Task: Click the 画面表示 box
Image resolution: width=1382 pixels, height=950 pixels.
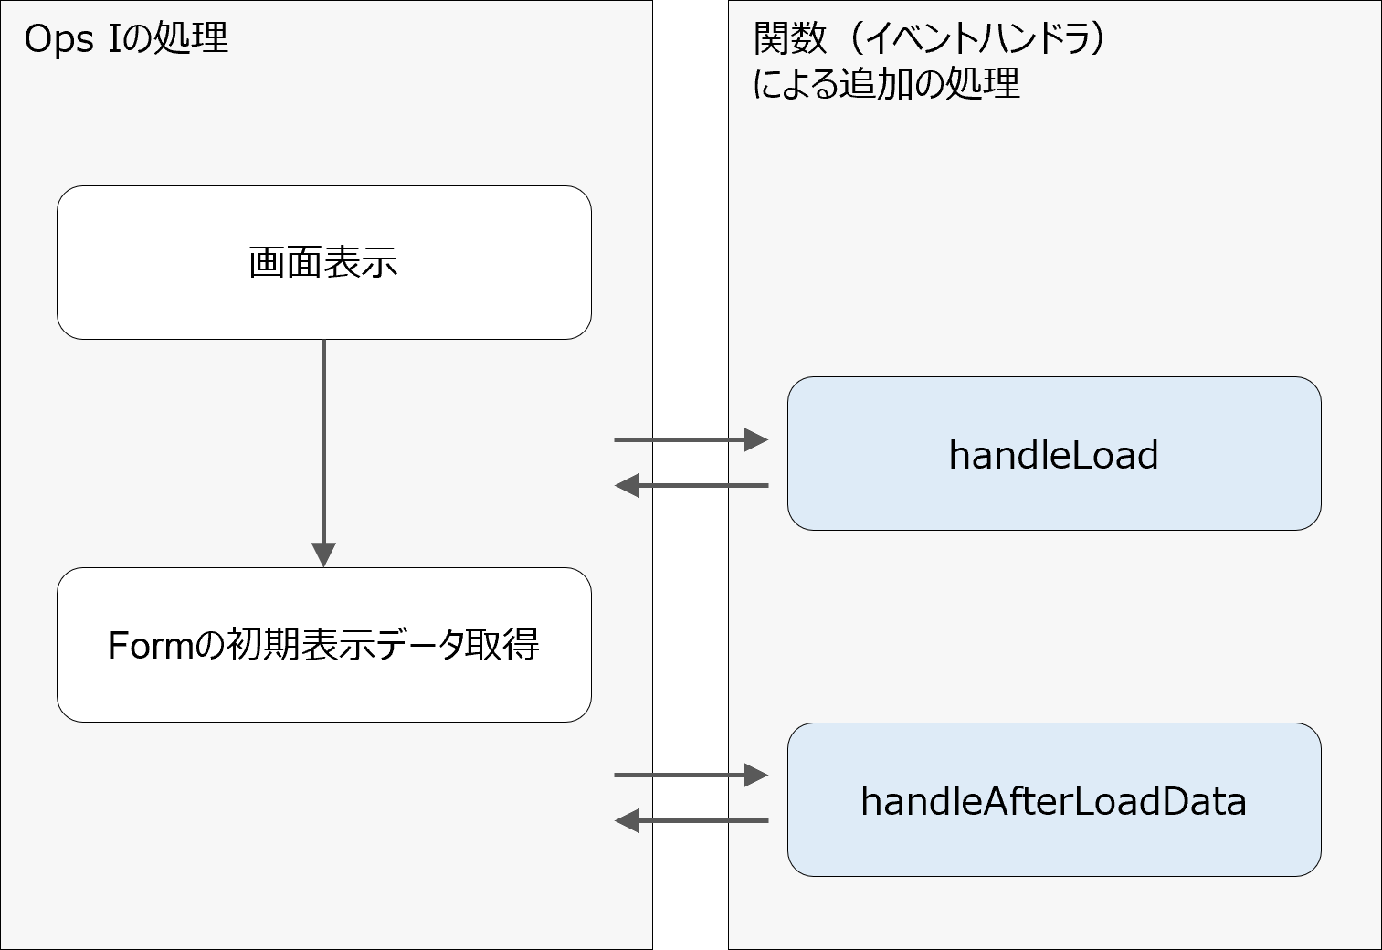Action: [323, 263]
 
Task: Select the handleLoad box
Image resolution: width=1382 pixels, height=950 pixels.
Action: [1053, 454]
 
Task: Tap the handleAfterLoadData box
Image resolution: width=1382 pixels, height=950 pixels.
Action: [1053, 800]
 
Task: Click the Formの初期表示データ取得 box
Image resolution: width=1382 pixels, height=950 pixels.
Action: [323, 645]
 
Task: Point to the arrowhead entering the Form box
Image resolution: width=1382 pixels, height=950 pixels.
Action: [323, 554]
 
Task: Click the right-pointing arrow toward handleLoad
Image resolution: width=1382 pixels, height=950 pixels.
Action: [691, 440]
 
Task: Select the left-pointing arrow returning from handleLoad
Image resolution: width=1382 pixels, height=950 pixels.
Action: [691, 485]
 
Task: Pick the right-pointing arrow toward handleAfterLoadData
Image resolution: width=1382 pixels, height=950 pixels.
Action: [691, 776]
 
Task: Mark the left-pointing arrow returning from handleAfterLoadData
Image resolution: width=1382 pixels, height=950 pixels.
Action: [691, 821]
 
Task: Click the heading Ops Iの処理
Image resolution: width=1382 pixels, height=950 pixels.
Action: [126, 39]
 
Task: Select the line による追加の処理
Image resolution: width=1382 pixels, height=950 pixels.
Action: [885, 84]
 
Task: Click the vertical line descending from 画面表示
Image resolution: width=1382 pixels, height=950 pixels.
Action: [323, 438]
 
